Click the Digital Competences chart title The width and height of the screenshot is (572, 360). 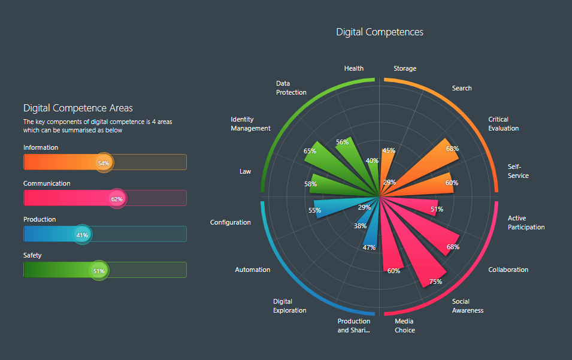(380, 32)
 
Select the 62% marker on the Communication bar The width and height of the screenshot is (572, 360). (117, 199)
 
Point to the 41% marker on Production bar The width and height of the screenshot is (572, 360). (82, 235)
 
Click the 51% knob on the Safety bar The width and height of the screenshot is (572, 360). (99, 271)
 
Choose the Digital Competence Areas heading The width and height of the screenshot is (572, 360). (78, 108)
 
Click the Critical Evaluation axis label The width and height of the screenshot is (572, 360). (503, 124)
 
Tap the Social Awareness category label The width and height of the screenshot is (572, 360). (467, 306)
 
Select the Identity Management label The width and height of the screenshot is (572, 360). (250, 124)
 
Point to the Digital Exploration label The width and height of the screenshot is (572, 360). (289, 306)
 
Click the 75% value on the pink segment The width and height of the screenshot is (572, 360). (435, 282)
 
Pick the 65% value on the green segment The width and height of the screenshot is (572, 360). (310, 152)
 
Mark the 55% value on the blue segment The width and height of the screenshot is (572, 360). (314, 210)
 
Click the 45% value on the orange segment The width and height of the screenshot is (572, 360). (389, 151)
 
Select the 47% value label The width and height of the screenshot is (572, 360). (369, 248)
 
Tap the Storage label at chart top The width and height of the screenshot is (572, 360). (405, 69)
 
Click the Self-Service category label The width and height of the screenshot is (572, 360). (518, 171)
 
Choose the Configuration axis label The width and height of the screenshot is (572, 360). (230, 223)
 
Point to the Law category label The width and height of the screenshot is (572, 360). (245, 172)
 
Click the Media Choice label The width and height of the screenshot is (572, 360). (405, 326)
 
